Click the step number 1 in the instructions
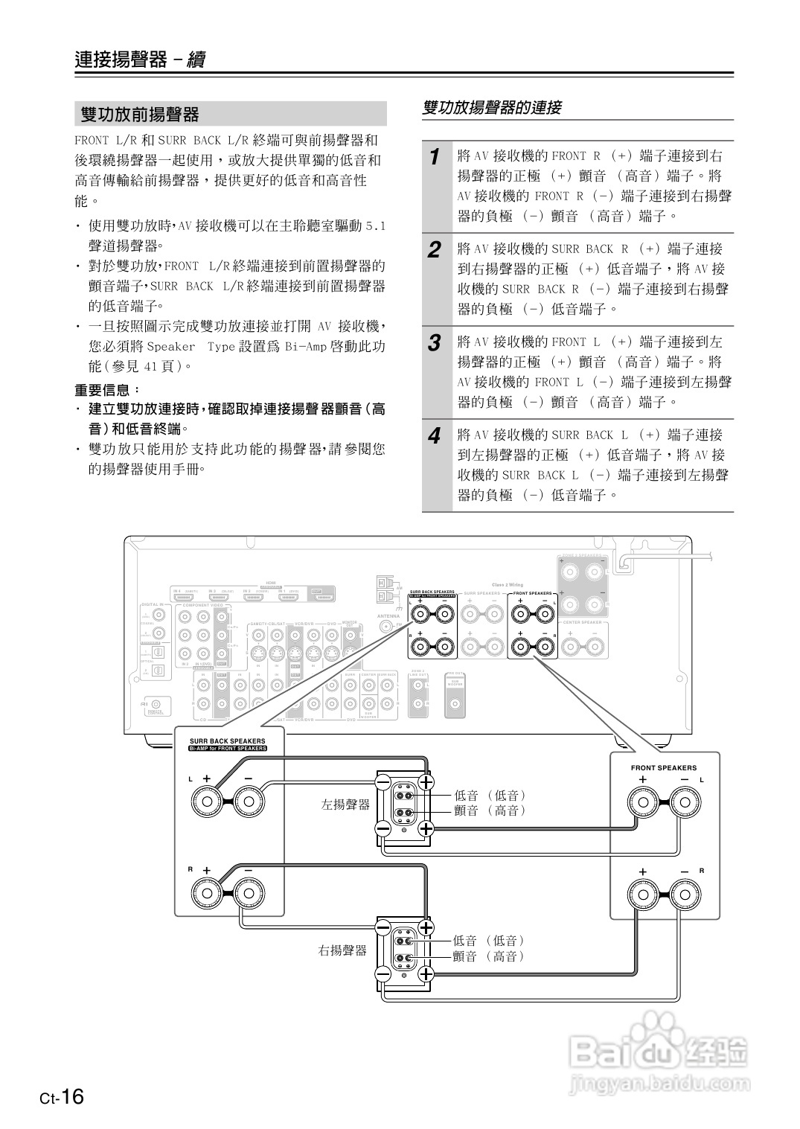[x=435, y=157]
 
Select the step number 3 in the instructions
[x=435, y=343]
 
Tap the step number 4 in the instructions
[x=435, y=436]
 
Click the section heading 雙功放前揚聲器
[x=140, y=115]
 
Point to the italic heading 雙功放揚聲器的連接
[x=492, y=108]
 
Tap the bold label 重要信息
[x=107, y=390]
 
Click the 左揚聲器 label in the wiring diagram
[x=345, y=805]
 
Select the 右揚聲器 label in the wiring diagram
[x=342, y=950]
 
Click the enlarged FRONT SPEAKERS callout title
[x=664, y=767]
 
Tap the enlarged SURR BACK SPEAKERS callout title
[x=227, y=741]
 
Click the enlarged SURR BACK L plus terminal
[x=207, y=802]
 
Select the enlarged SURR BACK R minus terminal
[x=249, y=892]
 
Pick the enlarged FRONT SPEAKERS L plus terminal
[x=643, y=802]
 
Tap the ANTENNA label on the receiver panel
[x=388, y=616]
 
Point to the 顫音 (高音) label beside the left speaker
[x=490, y=810]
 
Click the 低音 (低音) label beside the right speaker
[x=489, y=941]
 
